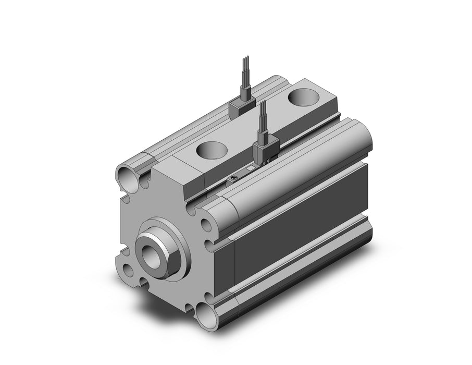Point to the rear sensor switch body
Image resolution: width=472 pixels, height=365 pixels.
[241, 108]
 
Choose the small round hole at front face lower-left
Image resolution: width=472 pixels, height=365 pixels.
[128, 270]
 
